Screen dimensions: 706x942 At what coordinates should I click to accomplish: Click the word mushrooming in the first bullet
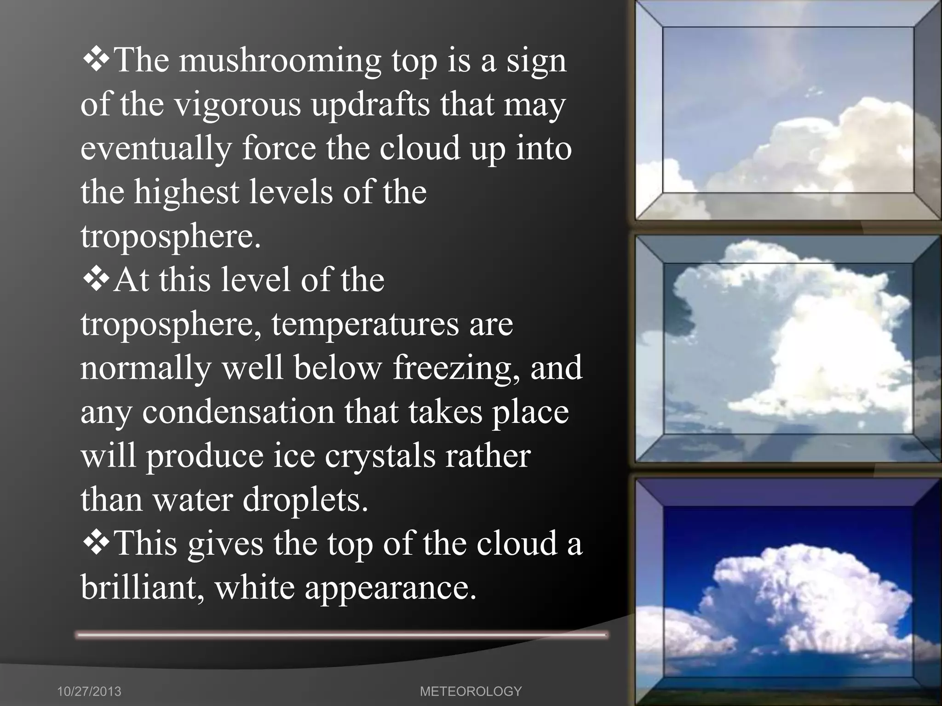[x=280, y=61]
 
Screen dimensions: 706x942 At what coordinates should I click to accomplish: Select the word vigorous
[x=237, y=105]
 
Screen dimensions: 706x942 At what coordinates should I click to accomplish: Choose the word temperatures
[x=365, y=325]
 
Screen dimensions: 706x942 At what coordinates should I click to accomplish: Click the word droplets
[x=305, y=500]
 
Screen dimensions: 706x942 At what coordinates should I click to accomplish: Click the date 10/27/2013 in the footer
[x=89, y=691]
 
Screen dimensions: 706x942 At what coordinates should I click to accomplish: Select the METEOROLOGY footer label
[x=471, y=691]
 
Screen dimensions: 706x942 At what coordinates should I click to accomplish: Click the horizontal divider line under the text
[x=341, y=635]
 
